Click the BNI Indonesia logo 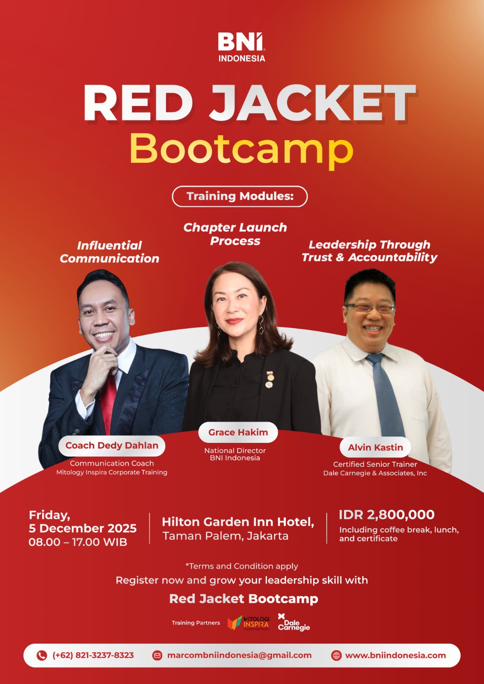pos(241,47)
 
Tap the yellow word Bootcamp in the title pos(241,150)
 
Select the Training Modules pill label pos(240,196)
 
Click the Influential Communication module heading pos(110,252)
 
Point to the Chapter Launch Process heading pos(235,234)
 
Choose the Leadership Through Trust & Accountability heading pos(369,251)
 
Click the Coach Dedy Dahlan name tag pos(112,445)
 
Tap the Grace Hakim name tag pos(238,432)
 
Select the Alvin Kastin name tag pos(375,447)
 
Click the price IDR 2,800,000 pos(386,515)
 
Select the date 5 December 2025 pos(83,528)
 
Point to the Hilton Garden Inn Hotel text pos(238,522)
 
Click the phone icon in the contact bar pos(42,655)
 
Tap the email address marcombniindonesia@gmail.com pos(239,655)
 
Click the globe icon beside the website pos(336,656)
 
